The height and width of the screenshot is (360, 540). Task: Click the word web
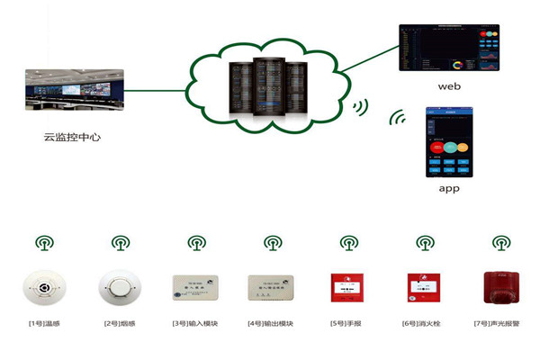tap(449, 86)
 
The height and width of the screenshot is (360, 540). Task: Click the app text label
tap(449, 190)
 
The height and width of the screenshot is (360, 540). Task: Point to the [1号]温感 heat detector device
tap(44, 287)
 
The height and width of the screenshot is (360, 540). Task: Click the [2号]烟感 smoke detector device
tap(120, 287)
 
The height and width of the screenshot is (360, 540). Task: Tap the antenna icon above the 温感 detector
tap(44, 243)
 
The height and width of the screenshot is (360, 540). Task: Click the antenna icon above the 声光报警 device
tap(499, 243)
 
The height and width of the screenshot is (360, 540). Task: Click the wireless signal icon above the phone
tap(396, 117)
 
